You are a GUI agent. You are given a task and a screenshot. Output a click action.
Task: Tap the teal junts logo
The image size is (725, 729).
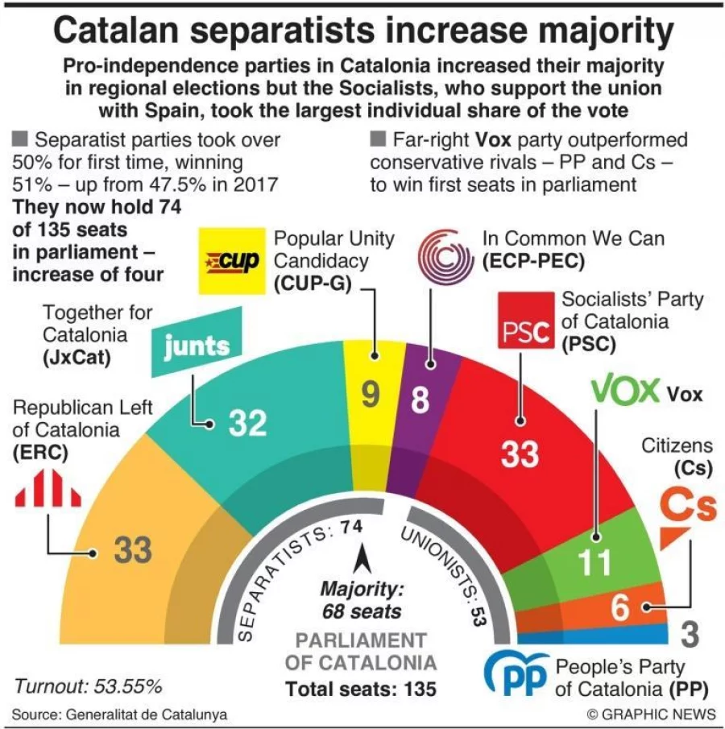pyautogui.click(x=197, y=344)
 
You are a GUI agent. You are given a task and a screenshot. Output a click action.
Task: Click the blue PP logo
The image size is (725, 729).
pyautogui.click(x=516, y=674)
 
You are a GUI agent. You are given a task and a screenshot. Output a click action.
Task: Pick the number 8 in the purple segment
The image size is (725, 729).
pyautogui.click(x=420, y=400)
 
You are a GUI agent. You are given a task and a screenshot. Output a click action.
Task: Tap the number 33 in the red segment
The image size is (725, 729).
pyautogui.click(x=520, y=454)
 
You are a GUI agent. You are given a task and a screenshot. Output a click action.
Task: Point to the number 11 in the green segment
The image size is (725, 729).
pyautogui.click(x=596, y=563)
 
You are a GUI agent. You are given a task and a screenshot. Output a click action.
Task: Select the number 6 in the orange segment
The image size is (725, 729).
pyautogui.click(x=619, y=609)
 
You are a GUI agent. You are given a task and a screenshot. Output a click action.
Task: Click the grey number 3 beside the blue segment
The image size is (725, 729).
pyautogui.click(x=690, y=634)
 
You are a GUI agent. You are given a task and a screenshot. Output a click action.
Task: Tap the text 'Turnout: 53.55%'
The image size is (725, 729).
pyautogui.click(x=88, y=686)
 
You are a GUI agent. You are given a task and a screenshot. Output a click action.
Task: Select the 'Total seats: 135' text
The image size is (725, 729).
pyautogui.click(x=361, y=689)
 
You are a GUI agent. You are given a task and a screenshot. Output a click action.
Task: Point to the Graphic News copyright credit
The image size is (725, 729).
pyautogui.click(x=651, y=714)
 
